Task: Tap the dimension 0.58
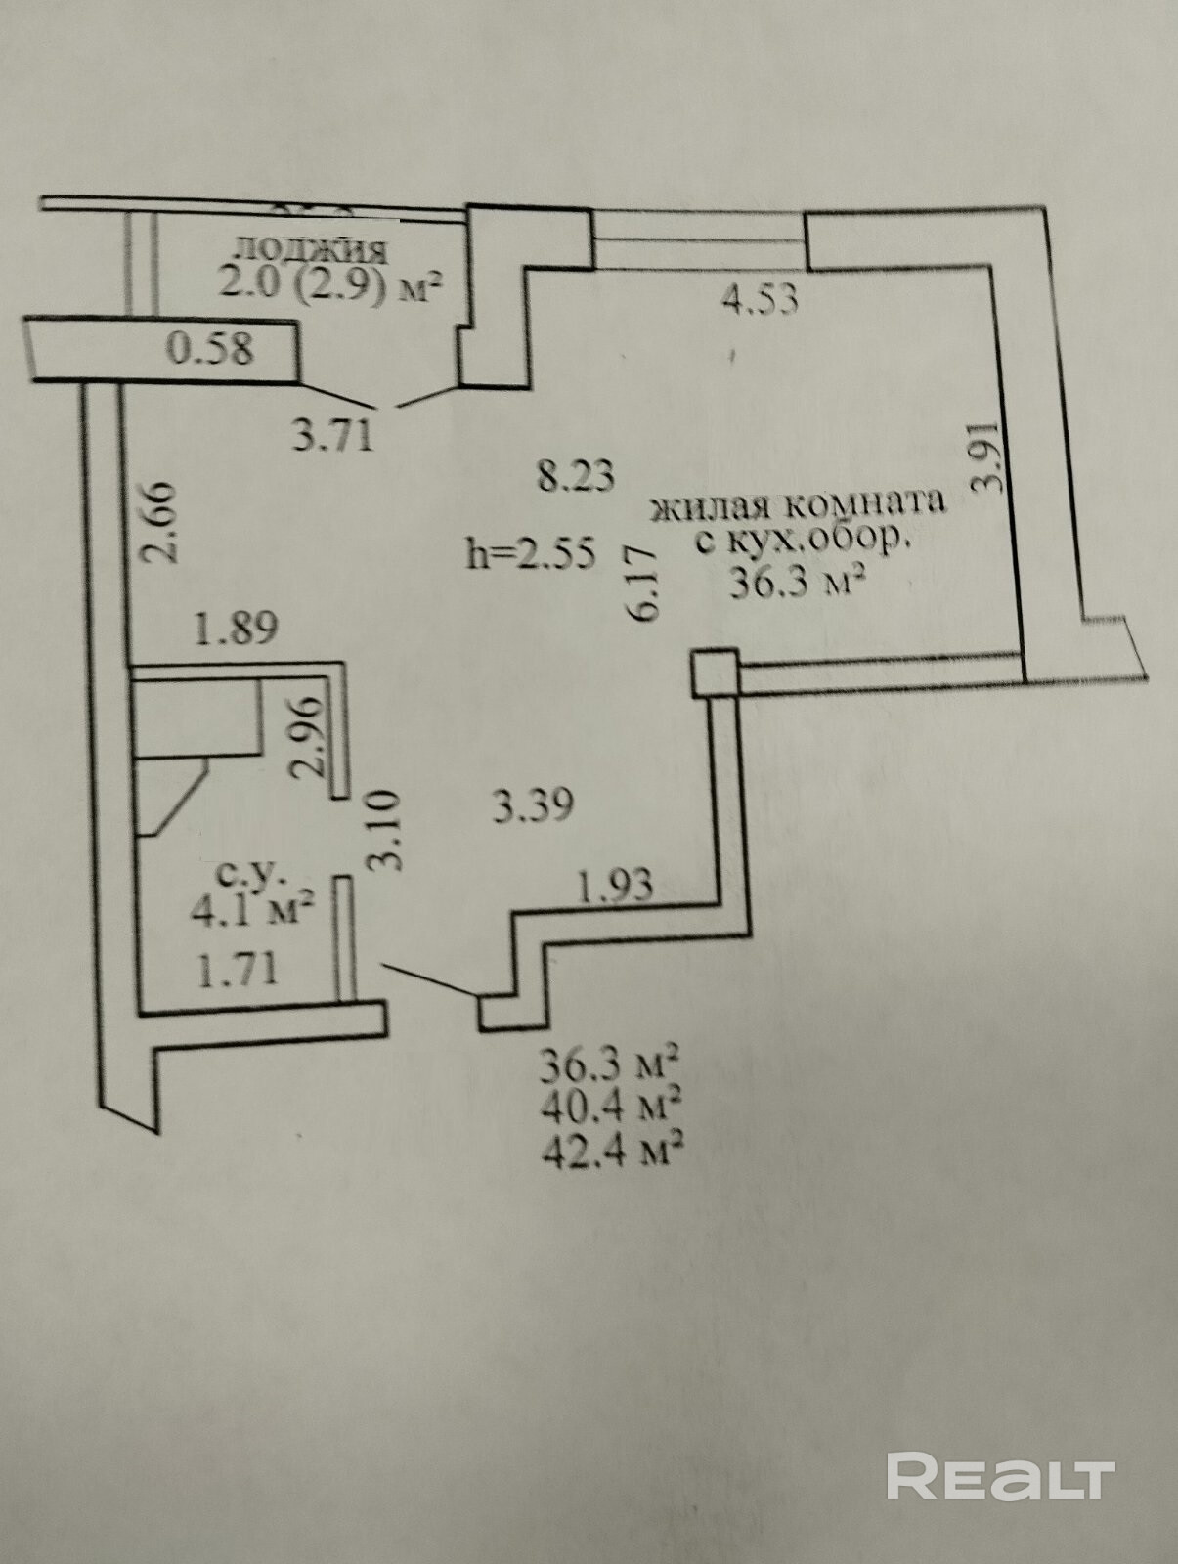click(x=210, y=349)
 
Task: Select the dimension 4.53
click(x=759, y=297)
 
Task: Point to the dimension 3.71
click(x=333, y=434)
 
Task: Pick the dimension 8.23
click(x=577, y=476)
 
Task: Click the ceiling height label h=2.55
click(x=532, y=554)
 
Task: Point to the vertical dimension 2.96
click(x=308, y=735)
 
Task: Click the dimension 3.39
click(x=531, y=807)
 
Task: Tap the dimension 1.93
click(x=615, y=887)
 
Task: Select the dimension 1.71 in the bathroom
click(x=238, y=969)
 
